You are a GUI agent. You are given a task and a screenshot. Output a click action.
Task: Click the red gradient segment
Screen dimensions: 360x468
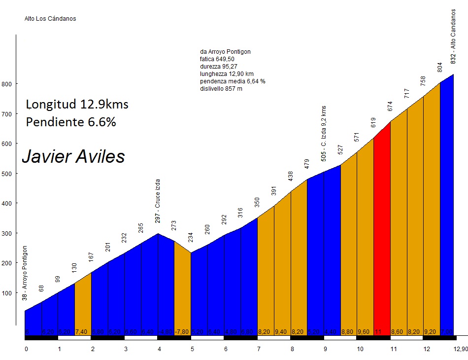point(382,237)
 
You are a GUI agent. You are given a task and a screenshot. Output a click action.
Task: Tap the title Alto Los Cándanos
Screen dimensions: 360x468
point(50,19)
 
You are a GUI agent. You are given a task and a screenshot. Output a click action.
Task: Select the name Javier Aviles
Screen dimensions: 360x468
point(73,157)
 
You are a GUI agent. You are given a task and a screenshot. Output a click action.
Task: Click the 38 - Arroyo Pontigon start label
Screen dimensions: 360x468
point(25,273)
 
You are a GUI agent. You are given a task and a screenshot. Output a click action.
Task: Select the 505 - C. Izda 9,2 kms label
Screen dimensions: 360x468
point(324,133)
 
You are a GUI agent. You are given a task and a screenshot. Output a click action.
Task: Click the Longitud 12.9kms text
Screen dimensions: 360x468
point(77,105)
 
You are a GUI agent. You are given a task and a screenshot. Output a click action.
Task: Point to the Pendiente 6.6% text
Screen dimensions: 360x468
point(71,122)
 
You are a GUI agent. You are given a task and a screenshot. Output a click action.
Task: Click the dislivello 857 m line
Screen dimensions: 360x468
point(221,89)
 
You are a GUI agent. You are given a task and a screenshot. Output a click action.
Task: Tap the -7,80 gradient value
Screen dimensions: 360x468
point(182,332)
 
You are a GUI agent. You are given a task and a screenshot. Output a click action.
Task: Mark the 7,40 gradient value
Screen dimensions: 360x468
point(82,332)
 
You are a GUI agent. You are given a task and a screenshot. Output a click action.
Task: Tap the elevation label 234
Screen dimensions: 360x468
point(191,237)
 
